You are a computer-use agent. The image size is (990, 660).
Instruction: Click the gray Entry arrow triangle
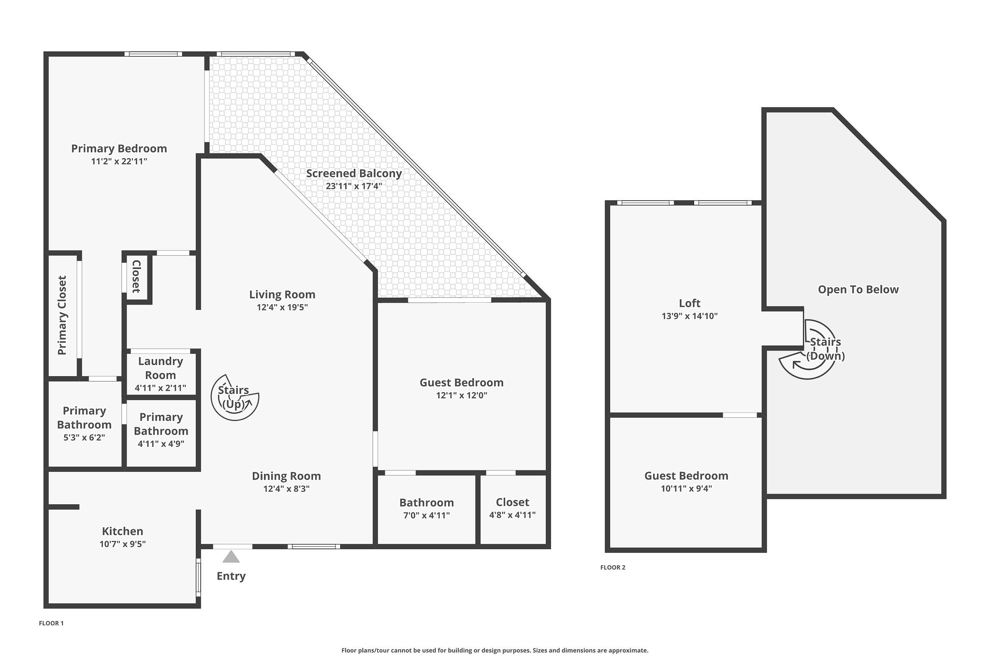pyautogui.click(x=231, y=557)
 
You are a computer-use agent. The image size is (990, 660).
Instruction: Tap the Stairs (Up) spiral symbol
pyautogui.click(x=234, y=397)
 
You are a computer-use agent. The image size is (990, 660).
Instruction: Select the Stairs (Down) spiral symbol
pyautogui.click(x=807, y=349)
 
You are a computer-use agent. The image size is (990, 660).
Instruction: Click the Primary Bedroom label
pyautogui.click(x=119, y=148)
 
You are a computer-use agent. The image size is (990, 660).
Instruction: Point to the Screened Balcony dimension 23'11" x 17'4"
pyautogui.click(x=354, y=186)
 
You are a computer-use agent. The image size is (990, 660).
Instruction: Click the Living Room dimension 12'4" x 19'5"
pyautogui.click(x=282, y=307)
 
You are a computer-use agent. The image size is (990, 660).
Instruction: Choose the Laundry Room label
pyautogui.click(x=160, y=368)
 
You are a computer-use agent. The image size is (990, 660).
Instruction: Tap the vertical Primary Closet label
pyautogui.click(x=62, y=315)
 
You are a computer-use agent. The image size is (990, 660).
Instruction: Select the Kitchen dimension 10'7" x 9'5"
pyautogui.click(x=122, y=544)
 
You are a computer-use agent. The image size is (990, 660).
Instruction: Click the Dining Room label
pyautogui.click(x=286, y=476)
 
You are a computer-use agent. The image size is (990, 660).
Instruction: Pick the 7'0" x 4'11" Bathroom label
pyautogui.click(x=426, y=502)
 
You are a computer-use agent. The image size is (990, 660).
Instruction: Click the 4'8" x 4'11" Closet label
pyautogui.click(x=512, y=502)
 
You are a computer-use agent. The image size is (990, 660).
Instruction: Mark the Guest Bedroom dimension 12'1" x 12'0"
pyautogui.click(x=461, y=396)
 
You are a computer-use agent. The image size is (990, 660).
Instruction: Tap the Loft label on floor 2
pyautogui.click(x=689, y=303)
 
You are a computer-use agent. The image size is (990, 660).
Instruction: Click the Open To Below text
pyautogui.click(x=858, y=290)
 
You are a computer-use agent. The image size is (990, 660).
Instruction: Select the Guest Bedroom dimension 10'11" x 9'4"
pyautogui.click(x=686, y=488)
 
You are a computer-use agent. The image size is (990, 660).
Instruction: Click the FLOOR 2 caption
pyautogui.click(x=612, y=568)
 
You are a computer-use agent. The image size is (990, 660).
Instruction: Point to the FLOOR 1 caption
pyautogui.click(x=51, y=623)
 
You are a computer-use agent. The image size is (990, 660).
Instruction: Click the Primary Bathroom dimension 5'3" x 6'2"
pyautogui.click(x=84, y=438)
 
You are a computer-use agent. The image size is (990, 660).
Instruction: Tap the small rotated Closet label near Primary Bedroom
pyautogui.click(x=136, y=277)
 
